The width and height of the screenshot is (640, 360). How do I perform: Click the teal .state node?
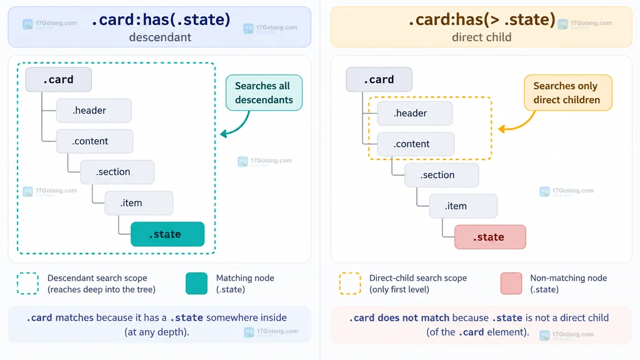pos(167,234)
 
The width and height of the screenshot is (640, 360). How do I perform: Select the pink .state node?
pos(490,237)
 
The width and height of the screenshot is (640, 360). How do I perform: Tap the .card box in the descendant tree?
pos(58,79)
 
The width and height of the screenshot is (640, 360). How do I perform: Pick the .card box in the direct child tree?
pos(379,79)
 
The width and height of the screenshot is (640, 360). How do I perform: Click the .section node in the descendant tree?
pos(117,172)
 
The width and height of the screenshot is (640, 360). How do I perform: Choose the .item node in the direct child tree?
pos(463,206)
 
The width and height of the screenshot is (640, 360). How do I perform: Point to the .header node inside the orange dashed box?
pos(415,113)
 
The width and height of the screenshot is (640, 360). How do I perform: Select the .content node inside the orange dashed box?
pos(416,144)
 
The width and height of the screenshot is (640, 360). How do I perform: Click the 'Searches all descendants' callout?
pos(264,92)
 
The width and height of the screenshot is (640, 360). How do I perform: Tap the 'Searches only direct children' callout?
pos(568,92)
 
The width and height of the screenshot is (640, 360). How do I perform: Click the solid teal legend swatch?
pos(196,283)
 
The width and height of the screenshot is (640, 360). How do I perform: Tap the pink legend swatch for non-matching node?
pos(511,283)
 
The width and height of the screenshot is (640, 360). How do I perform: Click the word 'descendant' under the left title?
pos(160,37)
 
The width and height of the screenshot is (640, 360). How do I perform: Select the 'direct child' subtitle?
pos(482,37)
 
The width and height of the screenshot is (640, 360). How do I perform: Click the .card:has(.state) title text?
pos(161,19)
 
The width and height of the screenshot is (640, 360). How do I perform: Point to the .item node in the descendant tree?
pos(139,203)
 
